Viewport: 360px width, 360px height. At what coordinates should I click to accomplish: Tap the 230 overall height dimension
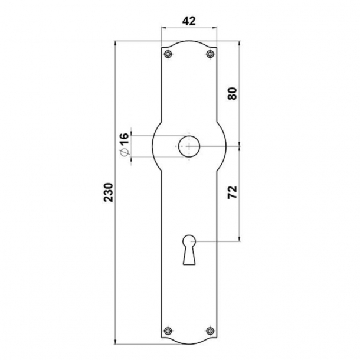tap(109, 192)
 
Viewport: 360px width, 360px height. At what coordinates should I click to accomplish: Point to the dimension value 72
tap(231, 192)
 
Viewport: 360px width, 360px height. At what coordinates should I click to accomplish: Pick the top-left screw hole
tap(168, 54)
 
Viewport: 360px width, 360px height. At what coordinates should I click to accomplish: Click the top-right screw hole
tap(210, 54)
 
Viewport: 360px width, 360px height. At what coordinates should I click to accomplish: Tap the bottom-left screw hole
tap(168, 330)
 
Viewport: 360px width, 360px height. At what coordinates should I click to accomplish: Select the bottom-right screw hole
tap(210, 330)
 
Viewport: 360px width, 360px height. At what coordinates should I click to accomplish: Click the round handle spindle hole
tap(189, 145)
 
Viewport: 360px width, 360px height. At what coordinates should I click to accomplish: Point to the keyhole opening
tap(189, 241)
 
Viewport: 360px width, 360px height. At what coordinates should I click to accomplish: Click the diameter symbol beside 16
tap(123, 152)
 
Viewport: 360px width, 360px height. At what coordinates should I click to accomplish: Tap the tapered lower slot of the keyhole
tap(189, 255)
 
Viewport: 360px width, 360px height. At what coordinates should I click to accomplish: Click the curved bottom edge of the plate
tap(189, 343)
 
